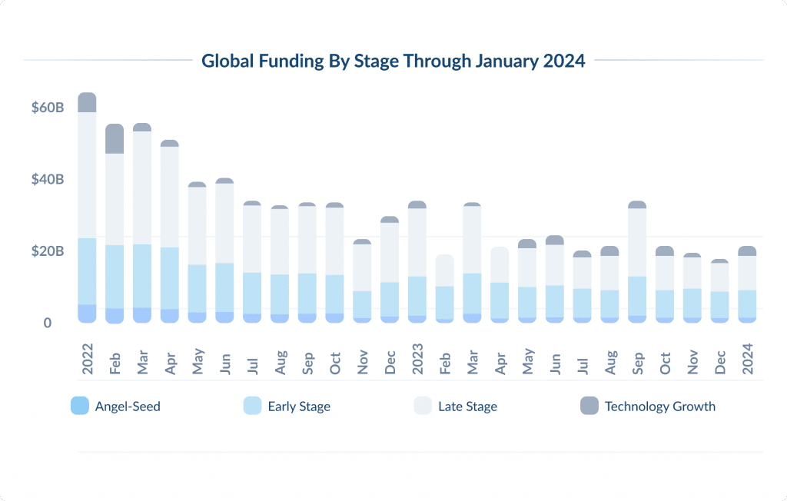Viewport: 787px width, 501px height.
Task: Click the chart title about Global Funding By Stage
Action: point(393,61)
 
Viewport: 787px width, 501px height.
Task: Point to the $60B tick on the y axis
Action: point(48,108)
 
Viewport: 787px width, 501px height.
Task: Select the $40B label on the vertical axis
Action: point(48,180)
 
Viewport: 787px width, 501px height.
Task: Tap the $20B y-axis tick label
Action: point(48,251)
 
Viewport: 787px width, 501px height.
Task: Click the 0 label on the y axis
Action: point(47,323)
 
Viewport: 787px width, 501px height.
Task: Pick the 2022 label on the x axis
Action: point(87,358)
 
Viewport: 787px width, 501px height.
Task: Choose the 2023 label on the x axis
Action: point(417,358)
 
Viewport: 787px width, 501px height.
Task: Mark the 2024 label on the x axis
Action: point(747,358)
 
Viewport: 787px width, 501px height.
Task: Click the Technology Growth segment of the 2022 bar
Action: point(87,103)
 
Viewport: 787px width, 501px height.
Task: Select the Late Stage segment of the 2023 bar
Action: point(417,242)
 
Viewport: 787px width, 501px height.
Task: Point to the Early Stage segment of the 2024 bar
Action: point(747,304)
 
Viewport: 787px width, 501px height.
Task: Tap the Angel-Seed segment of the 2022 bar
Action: point(87,314)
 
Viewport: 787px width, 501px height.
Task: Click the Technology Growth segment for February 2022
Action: point(115,139)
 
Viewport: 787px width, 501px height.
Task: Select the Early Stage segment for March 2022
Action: point(142,276)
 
